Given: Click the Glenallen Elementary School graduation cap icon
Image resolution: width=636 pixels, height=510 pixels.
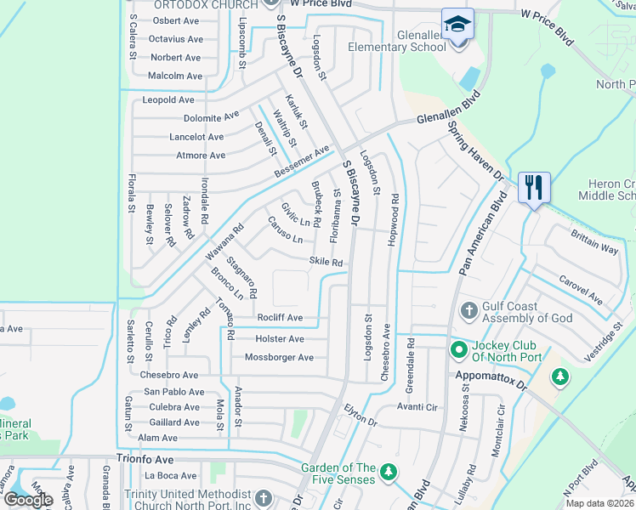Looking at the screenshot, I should tap(457, 23).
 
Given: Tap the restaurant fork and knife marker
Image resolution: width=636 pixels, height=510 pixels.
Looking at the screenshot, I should tap(534, 186).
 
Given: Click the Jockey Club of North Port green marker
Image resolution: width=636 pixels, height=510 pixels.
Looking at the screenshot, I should tap(458, 348).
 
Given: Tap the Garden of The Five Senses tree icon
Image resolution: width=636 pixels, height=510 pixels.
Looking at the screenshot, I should tap(388, 471).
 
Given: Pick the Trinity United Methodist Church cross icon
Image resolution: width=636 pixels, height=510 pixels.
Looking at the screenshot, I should tap(264, 496).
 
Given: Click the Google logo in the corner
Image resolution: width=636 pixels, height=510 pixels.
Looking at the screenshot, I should tap(28, 500).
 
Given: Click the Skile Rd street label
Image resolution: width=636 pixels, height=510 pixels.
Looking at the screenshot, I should tap(326, 263).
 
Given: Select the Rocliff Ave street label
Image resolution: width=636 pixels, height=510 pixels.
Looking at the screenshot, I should tap(279, 318).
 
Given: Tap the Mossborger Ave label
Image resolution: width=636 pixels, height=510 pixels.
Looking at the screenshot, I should tap(279, 357).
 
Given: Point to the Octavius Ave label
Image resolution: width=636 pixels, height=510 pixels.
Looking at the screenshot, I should tap(176, 39).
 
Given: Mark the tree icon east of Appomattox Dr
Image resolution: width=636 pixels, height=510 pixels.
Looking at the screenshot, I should tap(559, 375).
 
